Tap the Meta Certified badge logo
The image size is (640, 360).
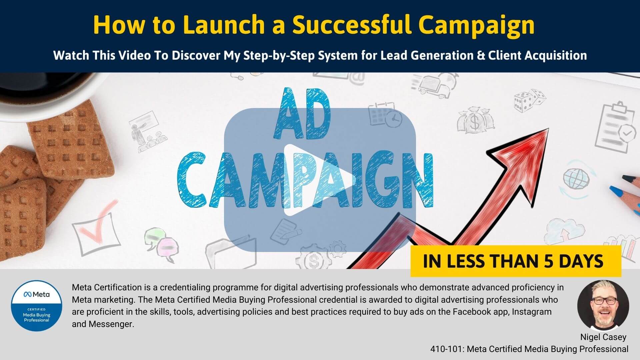click(37, 306)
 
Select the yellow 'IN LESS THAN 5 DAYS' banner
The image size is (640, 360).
click(516, 261)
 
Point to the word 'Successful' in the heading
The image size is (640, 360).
click(352, 25)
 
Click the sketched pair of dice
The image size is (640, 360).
click(530, 99)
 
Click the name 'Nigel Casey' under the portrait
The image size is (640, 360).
click(603, 337)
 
